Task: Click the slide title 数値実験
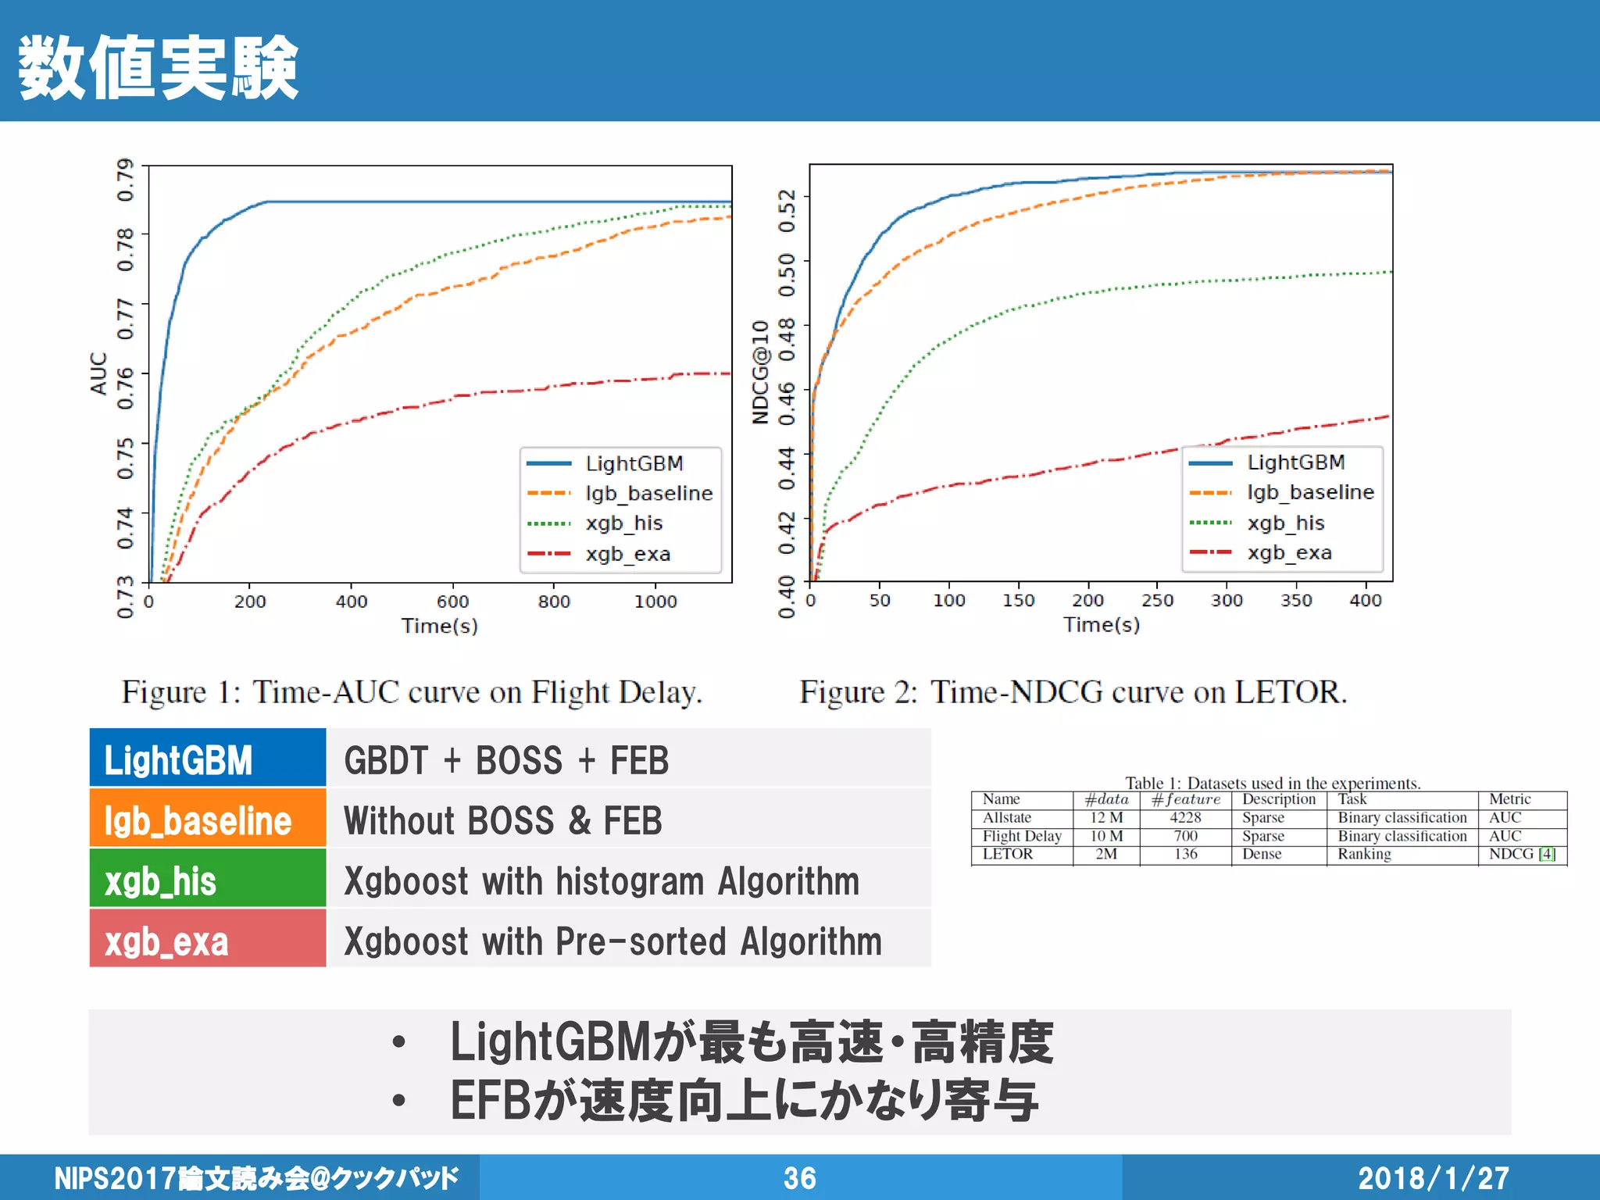coord(159,68)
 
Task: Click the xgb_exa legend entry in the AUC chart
coord(627,554)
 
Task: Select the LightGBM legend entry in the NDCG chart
coord(1295,462)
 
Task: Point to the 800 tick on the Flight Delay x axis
coord(554,602)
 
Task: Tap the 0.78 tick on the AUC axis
coord(125,249)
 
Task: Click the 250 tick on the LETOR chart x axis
coord(1157,600)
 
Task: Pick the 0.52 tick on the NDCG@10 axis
coord(786,211)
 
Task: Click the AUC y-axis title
coord(99,373)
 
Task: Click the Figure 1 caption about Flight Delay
coord(412,692)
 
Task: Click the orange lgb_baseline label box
coord(207,820)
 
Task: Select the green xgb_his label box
coord(207,880)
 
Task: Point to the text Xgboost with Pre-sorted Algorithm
coord(613,941)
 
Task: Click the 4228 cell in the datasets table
coord(1185,818)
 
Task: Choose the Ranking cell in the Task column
coord(1364,855)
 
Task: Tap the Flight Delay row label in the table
coord(1022,836)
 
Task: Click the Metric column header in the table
coord(1509,799)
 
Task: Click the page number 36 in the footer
coord(800,1178)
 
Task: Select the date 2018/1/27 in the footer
coord(1433,1178)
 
